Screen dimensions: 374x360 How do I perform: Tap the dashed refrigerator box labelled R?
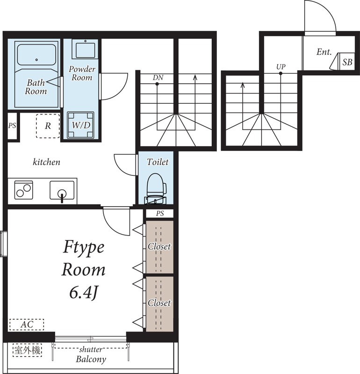(48, 125)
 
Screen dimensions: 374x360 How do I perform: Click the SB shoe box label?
(347, 61)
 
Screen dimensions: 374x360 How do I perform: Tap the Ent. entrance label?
(324, 52)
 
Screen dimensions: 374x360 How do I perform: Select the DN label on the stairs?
(158, 78)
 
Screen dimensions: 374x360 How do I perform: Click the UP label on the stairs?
(281, 67)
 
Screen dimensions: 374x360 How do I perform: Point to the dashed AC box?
(26, 324)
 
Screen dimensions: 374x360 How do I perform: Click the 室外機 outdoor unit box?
(27, 350)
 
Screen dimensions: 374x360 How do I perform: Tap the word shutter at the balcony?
(91, 350)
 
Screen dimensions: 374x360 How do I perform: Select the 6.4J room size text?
(83, 293)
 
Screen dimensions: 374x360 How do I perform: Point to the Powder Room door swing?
(114, 86)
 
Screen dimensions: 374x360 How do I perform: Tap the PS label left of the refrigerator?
(12, 126)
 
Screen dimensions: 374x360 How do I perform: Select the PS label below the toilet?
(160, 214)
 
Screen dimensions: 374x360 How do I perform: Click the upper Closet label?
(159, 246)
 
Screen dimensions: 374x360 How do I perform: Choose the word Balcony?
(91, 360)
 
